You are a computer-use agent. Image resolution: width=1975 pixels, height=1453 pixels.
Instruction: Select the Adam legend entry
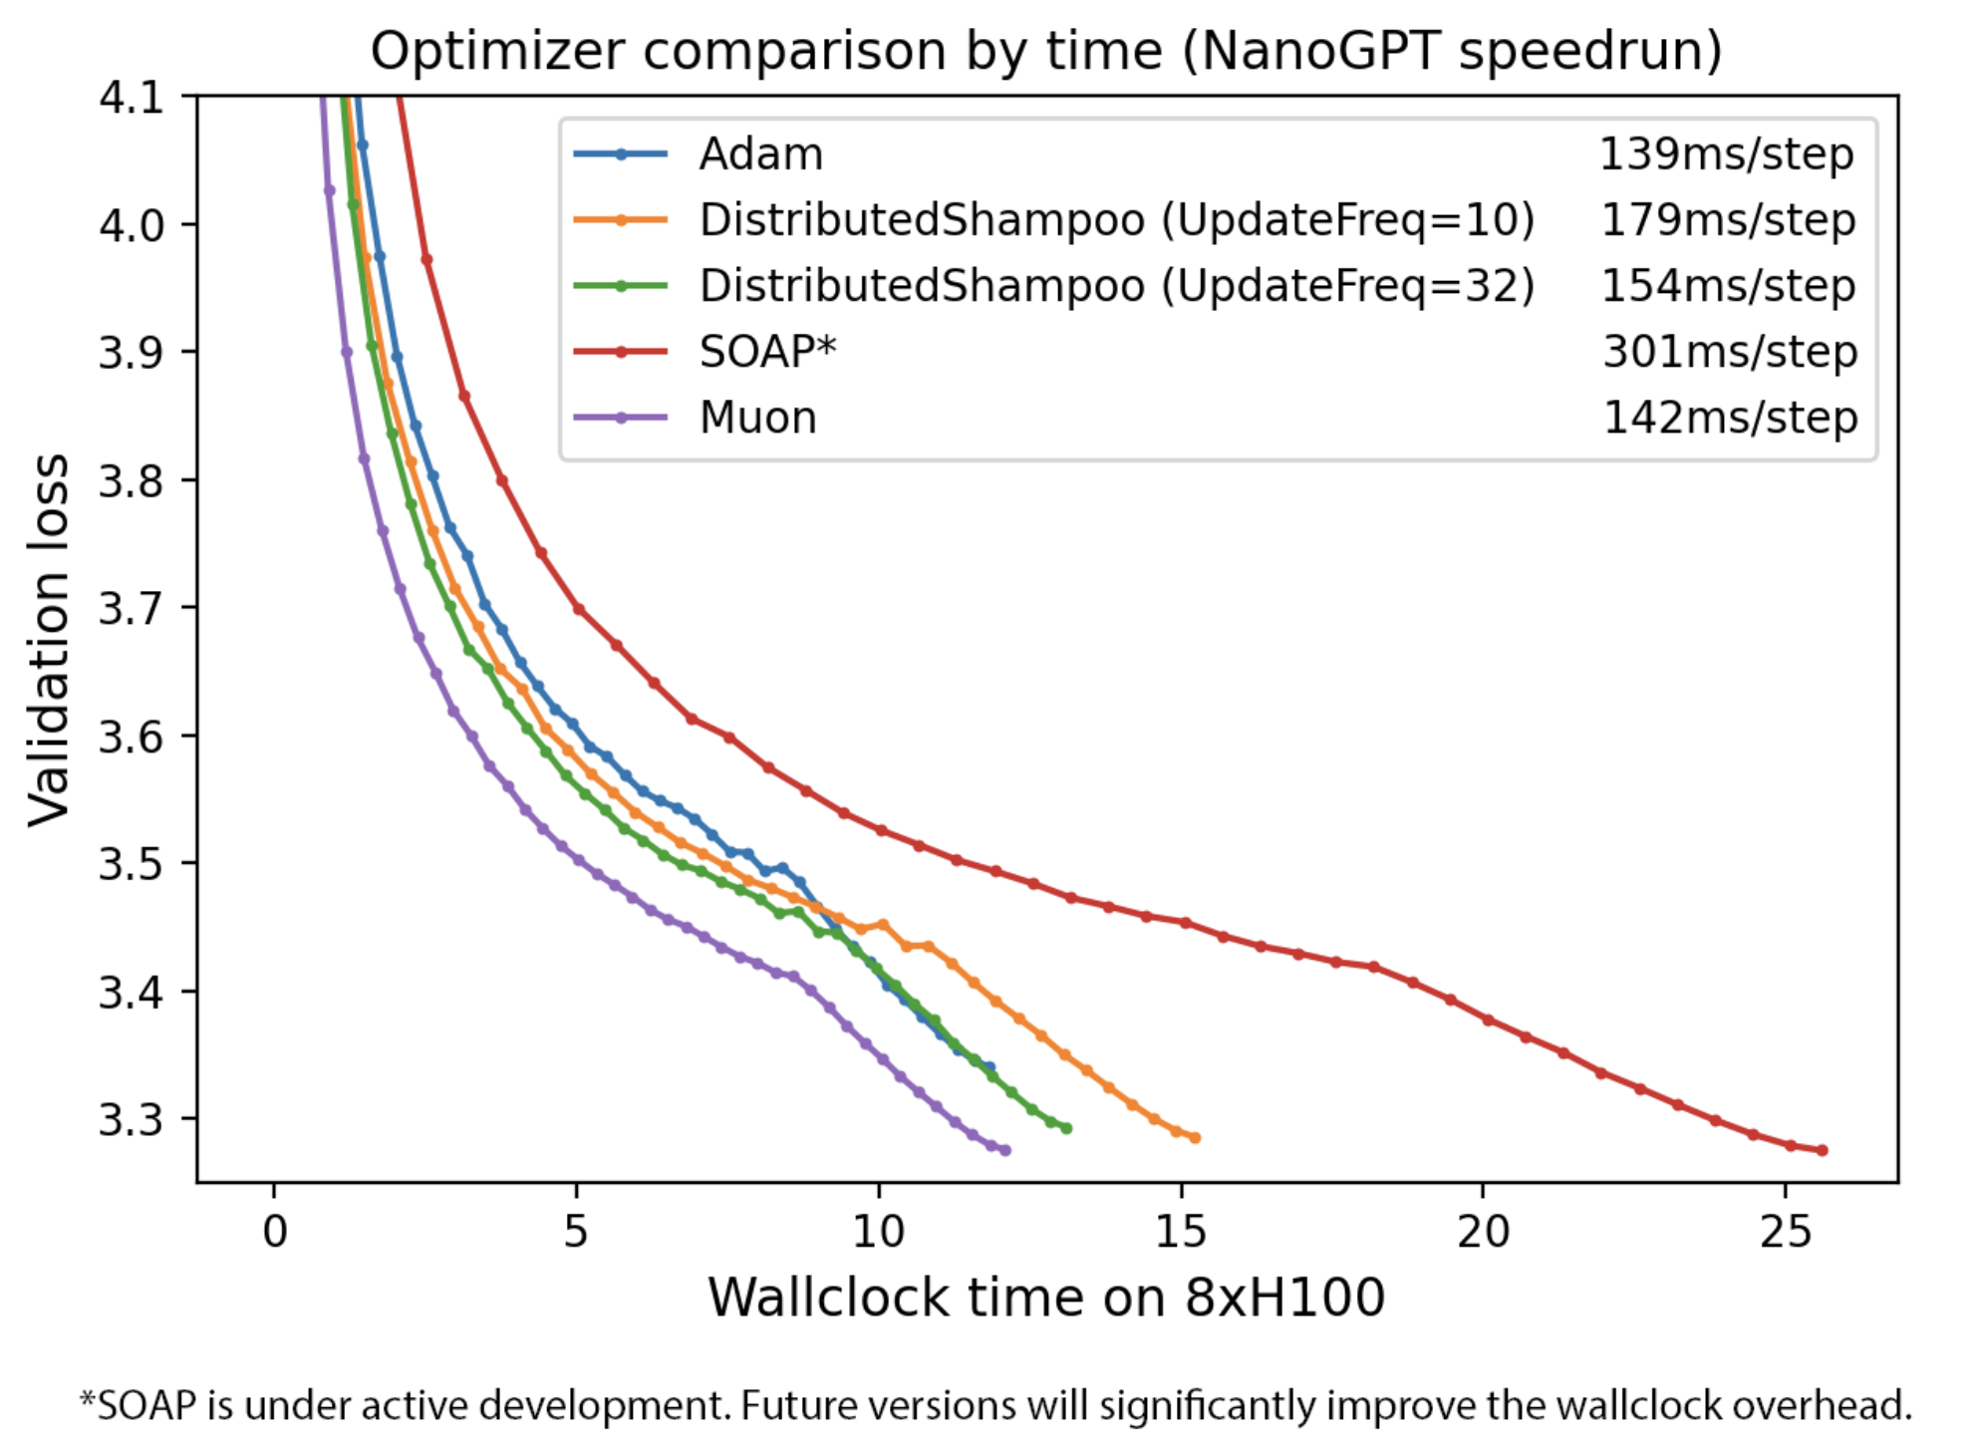(761, 154)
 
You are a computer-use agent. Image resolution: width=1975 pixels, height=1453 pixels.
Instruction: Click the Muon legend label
(757, 418)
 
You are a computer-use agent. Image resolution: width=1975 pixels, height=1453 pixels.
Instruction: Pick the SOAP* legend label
(767, 352)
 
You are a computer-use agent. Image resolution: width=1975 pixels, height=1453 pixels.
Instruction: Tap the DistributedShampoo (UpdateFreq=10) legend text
(1116, 220)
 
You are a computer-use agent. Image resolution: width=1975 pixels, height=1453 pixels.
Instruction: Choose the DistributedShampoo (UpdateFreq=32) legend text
(1116, 286)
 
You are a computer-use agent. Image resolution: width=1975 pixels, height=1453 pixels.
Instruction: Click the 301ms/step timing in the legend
(1729, 352)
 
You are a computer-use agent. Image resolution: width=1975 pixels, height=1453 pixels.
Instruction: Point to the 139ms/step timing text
(1726, 154)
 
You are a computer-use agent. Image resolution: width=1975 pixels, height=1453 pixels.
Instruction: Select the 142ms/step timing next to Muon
(1729, 418)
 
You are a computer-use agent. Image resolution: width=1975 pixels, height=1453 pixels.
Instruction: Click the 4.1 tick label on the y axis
(131, 98)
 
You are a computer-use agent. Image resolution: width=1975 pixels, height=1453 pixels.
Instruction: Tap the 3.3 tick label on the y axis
(131, 1119)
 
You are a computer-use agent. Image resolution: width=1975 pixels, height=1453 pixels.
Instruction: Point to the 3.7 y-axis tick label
(131, 608)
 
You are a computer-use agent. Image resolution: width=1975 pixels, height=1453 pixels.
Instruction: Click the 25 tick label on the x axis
(1785, 1233)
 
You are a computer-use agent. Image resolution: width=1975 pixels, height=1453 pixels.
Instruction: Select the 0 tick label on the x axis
(274, 1233)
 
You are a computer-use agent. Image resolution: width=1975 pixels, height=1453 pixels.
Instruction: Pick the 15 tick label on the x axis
(1180, 1233)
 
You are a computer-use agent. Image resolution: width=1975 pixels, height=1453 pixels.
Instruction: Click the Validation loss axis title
(48, 640)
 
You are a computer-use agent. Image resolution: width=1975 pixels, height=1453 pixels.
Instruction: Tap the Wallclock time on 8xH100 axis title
(1046, 1298)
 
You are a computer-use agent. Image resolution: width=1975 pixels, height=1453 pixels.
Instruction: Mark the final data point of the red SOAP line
(1823, 1150)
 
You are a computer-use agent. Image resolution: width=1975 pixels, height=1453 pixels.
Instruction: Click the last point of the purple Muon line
(1005, 1150)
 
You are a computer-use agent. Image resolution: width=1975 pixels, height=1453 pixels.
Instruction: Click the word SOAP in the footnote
(148, 1405)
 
